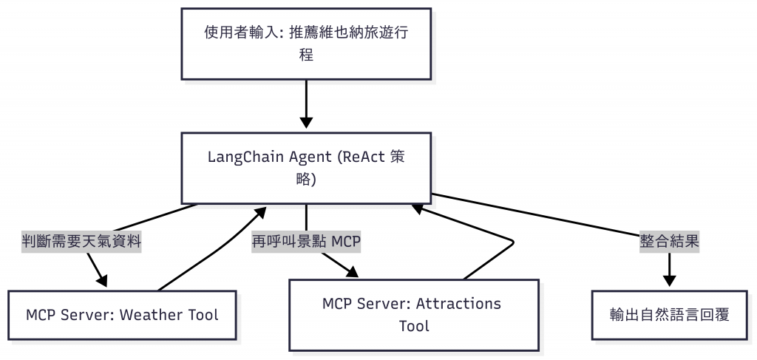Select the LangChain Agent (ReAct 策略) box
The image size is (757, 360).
click(306, 168)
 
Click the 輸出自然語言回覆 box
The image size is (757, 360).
click(670, 315)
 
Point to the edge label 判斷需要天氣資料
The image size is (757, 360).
click(81, 241)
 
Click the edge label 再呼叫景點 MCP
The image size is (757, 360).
click(306, 241)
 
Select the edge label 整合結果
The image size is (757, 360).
click(670, 241)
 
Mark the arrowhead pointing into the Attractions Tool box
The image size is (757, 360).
click(350, 271)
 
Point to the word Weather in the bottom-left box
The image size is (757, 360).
click(150, 315)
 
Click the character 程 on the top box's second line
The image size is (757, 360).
click(306, 55)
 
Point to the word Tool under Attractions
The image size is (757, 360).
click(414, 325)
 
